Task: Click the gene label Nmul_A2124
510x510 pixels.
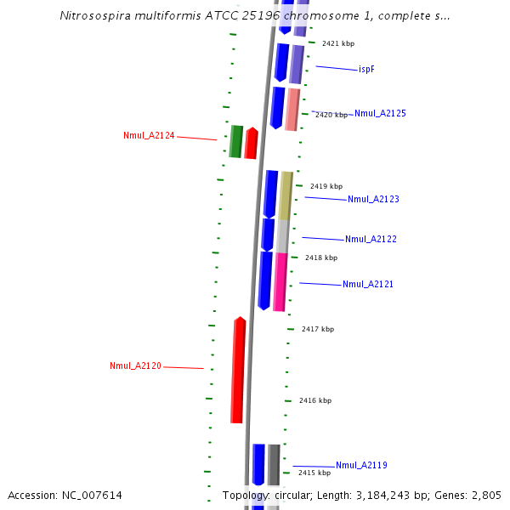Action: click(x=149, y=135)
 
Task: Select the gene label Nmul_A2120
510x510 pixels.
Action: click(x=135, y=365)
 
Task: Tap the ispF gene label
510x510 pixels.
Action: click(x=366, y=69)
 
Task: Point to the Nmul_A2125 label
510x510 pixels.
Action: click(x=380, y=113)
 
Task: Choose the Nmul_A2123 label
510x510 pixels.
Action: click(x=373, y=199)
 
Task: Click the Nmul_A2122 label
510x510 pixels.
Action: click(x=371, y=239)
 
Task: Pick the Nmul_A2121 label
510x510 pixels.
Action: click(x=368, y=284)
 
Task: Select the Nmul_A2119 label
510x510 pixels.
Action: click(x=361, y=465)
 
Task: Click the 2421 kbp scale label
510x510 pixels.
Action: click(x=338, y=43)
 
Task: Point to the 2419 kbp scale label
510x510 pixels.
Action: click(x=326, y=186)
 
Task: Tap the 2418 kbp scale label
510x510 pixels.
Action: click(x=321, y=258)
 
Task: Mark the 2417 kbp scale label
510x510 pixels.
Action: click(x=318, y=329)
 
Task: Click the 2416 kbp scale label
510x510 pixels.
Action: click(x=315, y=400)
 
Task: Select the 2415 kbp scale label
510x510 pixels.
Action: click(x=314, y=473)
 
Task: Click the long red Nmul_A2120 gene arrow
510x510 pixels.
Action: click(x=238, y=371)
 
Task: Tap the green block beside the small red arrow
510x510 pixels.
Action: click(x=235, y=141)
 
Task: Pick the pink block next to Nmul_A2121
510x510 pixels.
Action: click(x=280, y=281)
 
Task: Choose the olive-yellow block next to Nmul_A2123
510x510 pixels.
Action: click(x=286, y=195)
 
